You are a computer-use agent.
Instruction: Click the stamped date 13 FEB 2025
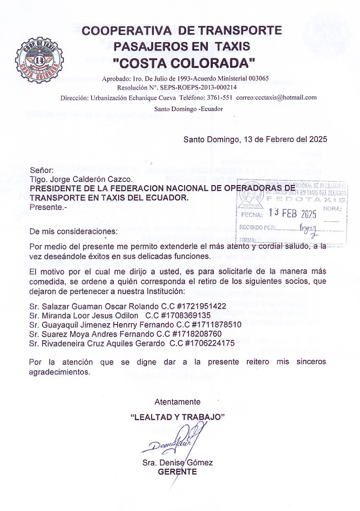click(x=293, y=213)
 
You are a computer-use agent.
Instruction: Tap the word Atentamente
click(x=177, y=402)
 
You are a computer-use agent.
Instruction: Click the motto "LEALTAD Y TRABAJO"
click(x=177, y=416)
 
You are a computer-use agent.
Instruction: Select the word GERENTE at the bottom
click(x=177, y=472)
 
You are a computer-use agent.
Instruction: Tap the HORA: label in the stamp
click(x=334, y=208)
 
